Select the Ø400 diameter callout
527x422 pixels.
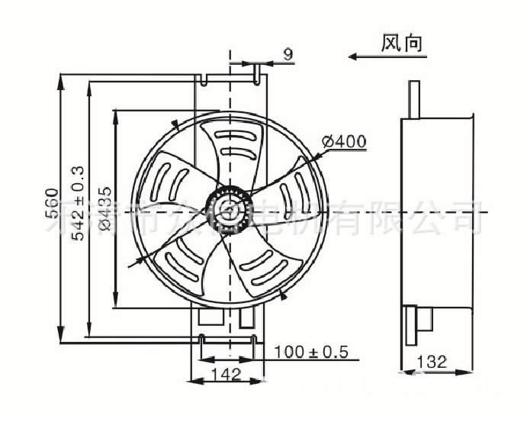[344, 141]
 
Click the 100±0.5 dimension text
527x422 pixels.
[310, 352]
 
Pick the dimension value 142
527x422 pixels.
[226, 374]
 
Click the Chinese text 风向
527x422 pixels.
[401, 43]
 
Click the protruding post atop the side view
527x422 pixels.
[413, 100]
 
